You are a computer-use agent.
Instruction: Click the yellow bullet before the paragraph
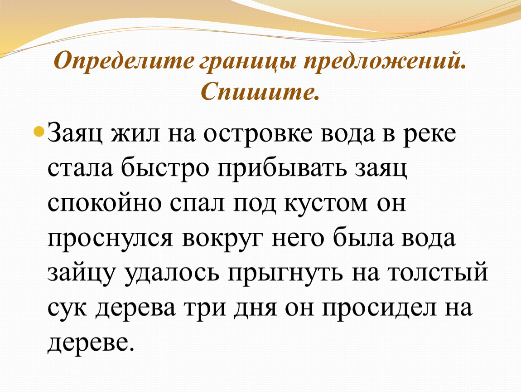(39, 132)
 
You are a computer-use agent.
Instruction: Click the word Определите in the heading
(123, 60)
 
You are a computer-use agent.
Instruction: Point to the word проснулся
(110, 239)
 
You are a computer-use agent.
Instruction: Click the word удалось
(172, 274)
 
